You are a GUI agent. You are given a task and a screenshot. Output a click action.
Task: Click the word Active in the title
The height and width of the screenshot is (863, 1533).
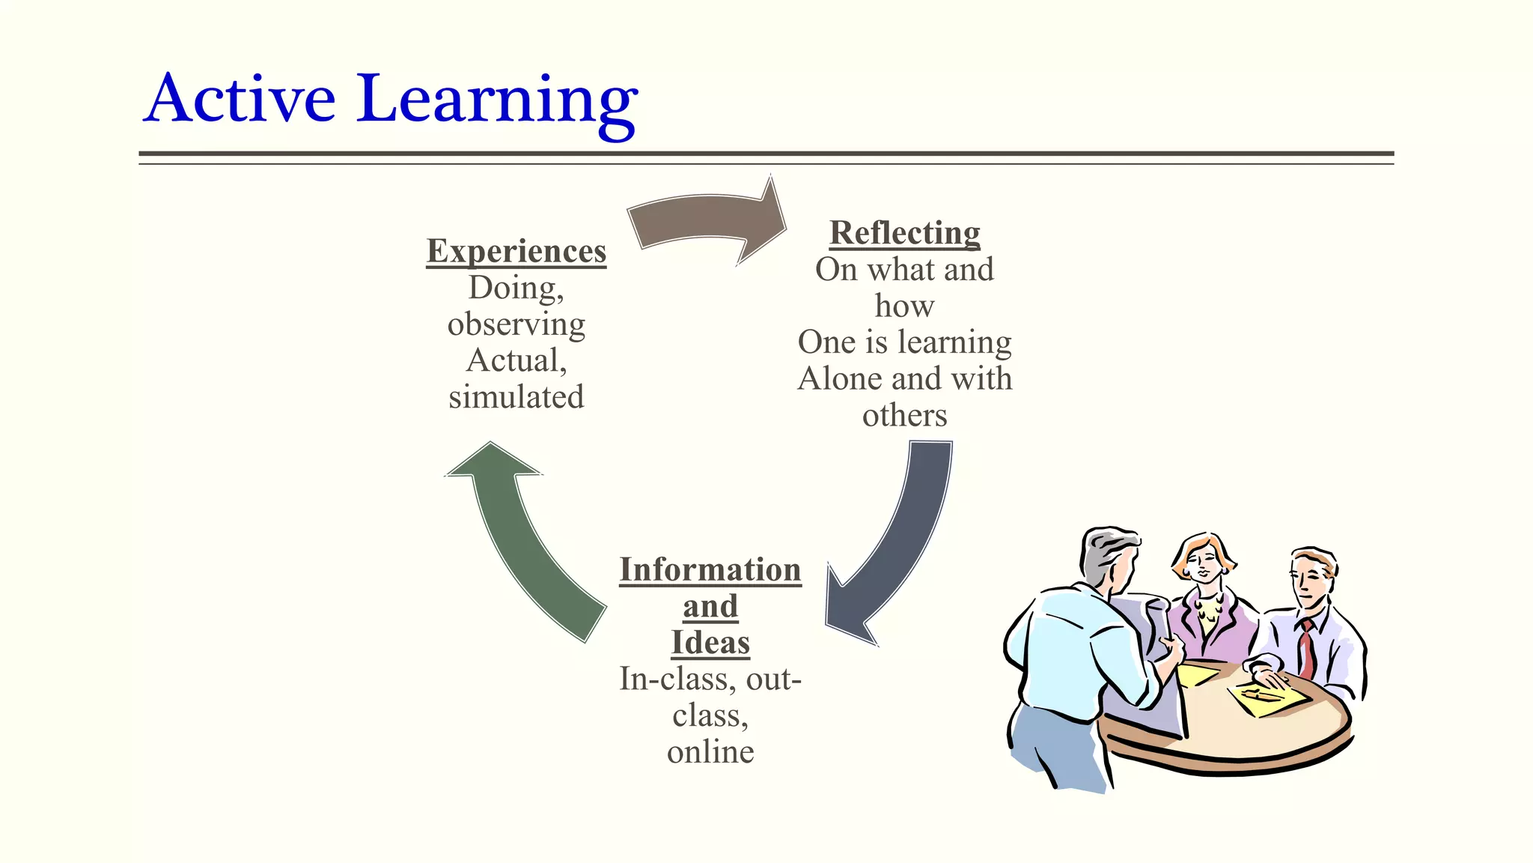click(240, 99)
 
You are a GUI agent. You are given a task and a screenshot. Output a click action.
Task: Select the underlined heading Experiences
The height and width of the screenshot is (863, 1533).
click(516, 251)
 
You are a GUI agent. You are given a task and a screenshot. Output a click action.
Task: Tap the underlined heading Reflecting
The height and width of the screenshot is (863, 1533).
click(905, 233)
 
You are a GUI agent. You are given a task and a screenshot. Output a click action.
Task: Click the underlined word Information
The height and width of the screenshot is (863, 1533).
click(710, 569)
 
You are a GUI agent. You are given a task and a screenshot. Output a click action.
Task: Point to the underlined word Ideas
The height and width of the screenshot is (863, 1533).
click(710, 643)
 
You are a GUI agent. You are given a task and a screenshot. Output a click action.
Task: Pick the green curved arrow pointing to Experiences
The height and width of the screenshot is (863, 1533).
click(524, 539)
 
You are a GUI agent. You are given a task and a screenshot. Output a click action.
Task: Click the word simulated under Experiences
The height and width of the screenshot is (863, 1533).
click(516, 397)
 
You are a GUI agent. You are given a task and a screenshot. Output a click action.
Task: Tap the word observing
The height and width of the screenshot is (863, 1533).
click(516, 324)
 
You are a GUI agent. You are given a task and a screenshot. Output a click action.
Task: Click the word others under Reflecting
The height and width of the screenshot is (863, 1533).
click(905, 415)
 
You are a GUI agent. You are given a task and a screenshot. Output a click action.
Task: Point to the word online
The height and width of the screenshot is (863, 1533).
click(710, 751)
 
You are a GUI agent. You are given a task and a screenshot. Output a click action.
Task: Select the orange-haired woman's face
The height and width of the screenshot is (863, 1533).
click(1202, 562)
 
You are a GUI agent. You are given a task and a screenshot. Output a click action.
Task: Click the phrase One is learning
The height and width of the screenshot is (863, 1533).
click(905, 342)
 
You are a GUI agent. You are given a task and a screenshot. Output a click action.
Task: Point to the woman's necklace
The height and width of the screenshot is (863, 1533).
click(1207, 607)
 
